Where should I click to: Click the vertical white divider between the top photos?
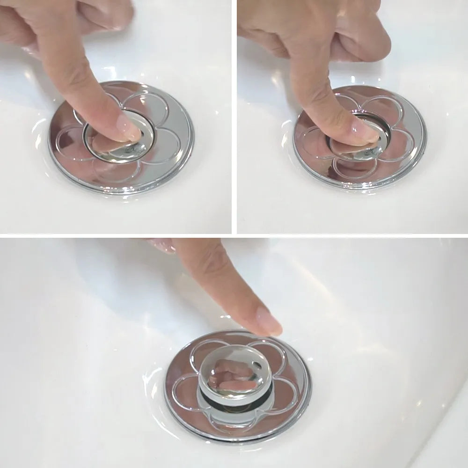click(234, 117)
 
